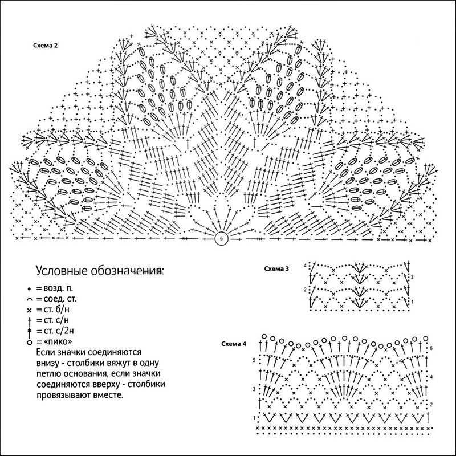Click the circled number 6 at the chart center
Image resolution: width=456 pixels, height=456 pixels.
click(221, 239)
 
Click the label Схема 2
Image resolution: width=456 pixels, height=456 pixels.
click(46, 46)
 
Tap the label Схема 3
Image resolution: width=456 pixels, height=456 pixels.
click(276, 268)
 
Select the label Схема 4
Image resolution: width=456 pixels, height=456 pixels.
click(234, 344)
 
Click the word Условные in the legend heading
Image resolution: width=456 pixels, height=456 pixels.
click(62, 271)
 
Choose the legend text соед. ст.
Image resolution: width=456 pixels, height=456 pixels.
click(60, 299)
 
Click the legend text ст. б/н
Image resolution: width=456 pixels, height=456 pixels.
click(56, 310)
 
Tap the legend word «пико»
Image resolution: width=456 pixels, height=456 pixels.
click(58, 341)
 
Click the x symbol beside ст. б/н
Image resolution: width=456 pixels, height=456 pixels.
click(29, 310)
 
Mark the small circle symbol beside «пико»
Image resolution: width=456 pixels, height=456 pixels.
click(29, 343)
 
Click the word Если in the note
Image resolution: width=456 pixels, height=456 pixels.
click(46, 352)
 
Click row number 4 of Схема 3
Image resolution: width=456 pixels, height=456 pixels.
click(305, 266)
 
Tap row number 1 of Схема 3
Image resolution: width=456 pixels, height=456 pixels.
click(412, 302)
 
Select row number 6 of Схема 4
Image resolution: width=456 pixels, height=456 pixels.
click(431, 348)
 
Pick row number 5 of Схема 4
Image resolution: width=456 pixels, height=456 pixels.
click(254, 360)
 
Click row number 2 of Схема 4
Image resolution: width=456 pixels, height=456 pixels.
click(431, 405)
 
